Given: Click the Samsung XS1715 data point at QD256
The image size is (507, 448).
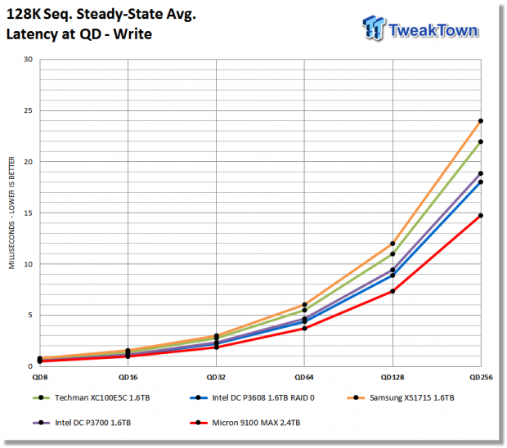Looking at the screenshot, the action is click(481, 121).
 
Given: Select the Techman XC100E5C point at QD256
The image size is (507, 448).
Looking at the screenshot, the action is click(481, 141).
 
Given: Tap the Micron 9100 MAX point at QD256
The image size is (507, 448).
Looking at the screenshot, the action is click(481, 216).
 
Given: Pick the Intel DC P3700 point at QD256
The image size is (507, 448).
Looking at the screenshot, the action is click(481, 173).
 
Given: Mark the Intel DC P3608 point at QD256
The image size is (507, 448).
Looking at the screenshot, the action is click(481, 182).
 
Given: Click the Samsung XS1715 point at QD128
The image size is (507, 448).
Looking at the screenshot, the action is click(393, 244).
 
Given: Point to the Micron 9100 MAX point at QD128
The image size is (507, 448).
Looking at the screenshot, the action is click(393, 291).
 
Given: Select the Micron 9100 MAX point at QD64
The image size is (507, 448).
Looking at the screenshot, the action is click(304, 329).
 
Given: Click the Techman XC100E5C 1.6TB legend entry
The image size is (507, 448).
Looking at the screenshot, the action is click(92, 397).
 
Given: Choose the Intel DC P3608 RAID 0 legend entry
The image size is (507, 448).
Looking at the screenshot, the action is click(252, 397).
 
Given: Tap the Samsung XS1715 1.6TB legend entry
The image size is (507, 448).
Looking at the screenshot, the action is click(401, 397).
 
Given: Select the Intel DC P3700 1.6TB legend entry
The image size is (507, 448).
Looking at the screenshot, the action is click(82, 423).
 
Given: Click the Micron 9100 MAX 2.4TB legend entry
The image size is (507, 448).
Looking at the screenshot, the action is click(245, 423).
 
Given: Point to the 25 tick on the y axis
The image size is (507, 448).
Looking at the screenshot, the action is click(29, 110).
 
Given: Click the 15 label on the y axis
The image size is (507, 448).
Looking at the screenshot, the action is click(29, 213).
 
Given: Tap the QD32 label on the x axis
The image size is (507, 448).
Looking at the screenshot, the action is click(216, 377).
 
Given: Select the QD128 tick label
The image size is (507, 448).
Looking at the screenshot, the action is click(393, 377).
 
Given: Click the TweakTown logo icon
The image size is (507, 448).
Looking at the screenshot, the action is click(374, 28).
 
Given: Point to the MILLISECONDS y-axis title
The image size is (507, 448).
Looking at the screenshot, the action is click(11, 213).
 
